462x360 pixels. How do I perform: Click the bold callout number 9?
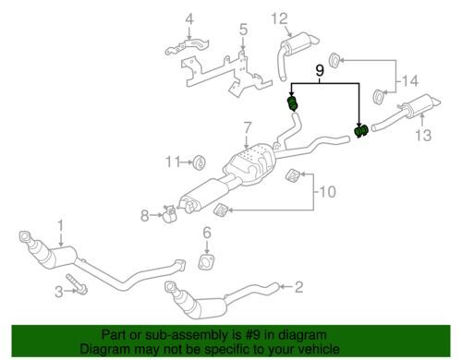pyautogui.click(x=320, y=71)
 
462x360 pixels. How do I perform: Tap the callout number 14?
pyautogui.click(x=410, y=81)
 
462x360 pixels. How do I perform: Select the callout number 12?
pyautogui.click(x=279, y=18)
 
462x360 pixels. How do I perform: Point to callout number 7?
pyautogui.click(x=247, y=127)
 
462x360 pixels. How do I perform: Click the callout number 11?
pyautogui.click(x=173, y=162)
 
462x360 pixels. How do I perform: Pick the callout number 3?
pyautogui.click(x=59, y=291)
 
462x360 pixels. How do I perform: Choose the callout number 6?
pyautogui.click(x=207, y=233)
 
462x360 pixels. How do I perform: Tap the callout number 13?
pyautogui.click(x=423, y=135)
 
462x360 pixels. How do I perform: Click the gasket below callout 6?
pyautogui.click(x=206, y=262)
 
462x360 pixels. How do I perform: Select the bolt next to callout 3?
pyautogui.click(x=77, y=284)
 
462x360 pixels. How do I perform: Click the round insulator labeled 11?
pyautogui.click(x=200, y=162)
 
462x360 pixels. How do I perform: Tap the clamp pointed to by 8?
pyautogui.click(x=170, y=214)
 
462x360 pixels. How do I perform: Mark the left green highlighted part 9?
pyautogui.click(x=293, y=103)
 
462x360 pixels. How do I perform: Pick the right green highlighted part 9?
pyautogui.click(x=361, y=130)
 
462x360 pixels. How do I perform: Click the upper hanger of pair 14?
pyautogui.click(x=334, y=60)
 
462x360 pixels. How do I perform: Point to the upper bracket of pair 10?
pyautogui.click(x=293, y=175)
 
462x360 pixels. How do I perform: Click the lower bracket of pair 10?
pyautogui.click(x=221, y=210)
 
